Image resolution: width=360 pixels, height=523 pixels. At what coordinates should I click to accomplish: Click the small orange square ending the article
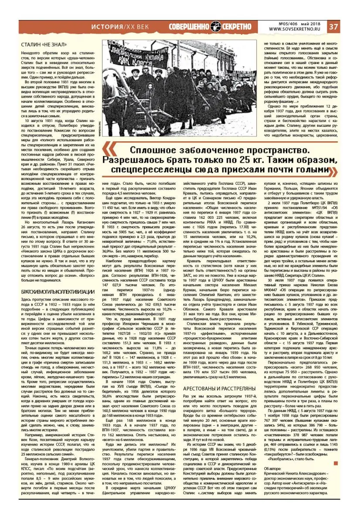point(335,463)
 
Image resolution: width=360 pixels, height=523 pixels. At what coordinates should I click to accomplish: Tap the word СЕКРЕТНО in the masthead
point(240,26)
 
